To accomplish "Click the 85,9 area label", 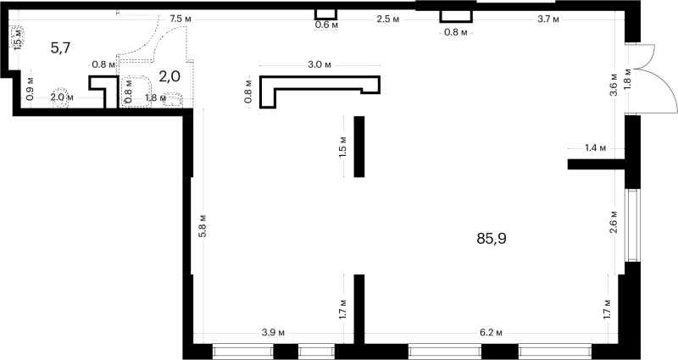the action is click(492, 239).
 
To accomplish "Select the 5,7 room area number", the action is click(60, 48).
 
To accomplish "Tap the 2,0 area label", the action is click(169, 77).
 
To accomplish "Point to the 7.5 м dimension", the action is click(181, 19).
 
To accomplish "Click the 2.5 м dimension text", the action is click(388, 19).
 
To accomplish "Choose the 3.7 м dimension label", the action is click(548, 19).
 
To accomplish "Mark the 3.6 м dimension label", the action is click(614, 89).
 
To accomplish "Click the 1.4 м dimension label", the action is click(596, 148).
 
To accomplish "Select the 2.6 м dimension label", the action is click(614, 223).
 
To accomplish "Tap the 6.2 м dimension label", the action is click(492, 333).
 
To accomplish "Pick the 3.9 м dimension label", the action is click(273, 333).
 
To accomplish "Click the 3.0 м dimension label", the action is click(320, 65).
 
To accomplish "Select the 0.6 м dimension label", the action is click(326, 25).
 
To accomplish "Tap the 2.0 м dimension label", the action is click(62, 97).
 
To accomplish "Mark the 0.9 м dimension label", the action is click(30, 90).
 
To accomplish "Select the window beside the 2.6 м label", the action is click(632, 225).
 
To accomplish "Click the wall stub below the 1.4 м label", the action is click(597, 164).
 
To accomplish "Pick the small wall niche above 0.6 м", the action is click(325, 14).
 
